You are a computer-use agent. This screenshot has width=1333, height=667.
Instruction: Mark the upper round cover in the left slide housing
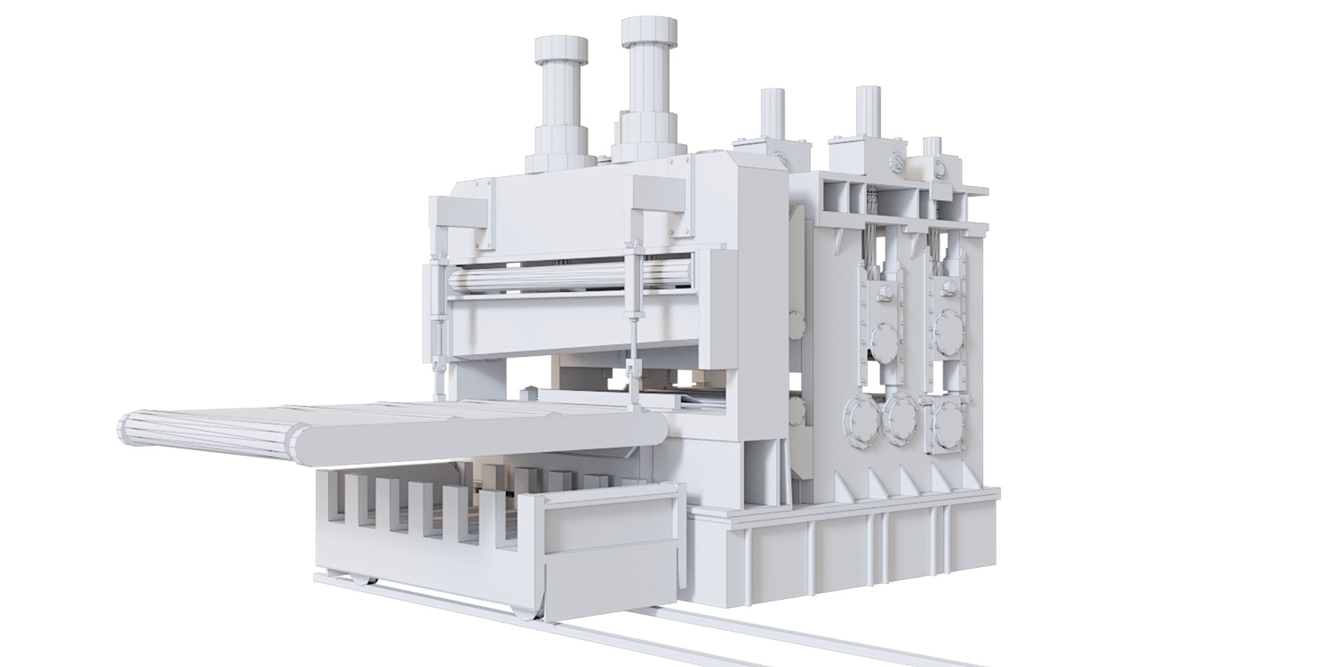coord(883,327)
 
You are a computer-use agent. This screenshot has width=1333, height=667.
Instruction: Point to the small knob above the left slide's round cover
coord(885,293)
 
